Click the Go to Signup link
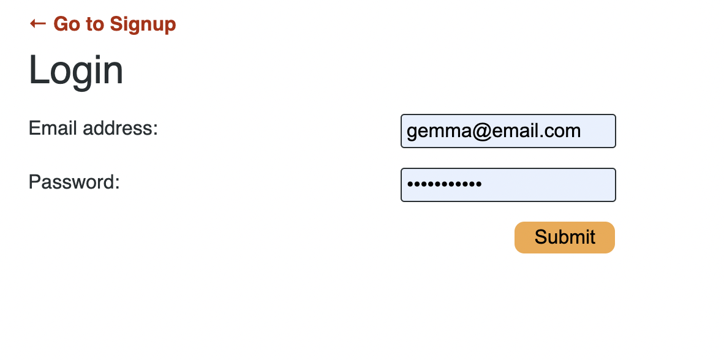click(103, 24)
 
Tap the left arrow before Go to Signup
click(37, 23)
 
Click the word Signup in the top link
click(143, 24)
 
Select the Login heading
click(76, 70)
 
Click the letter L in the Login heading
click(37, 70)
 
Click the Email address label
click(93, 129)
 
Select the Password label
click(74, 182)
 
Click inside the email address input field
click(508, 131)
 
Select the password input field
click(508, 185)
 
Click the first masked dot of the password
click(411, 184)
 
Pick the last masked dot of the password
click(478, 184)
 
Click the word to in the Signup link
click(95, 24)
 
